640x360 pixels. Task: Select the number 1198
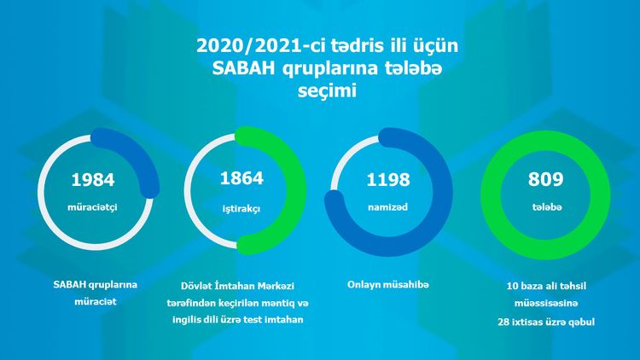[389, 179]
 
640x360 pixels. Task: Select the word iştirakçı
[241, 207]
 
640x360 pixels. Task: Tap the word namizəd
[389, 207]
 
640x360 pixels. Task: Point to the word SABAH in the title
[241, 69]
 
